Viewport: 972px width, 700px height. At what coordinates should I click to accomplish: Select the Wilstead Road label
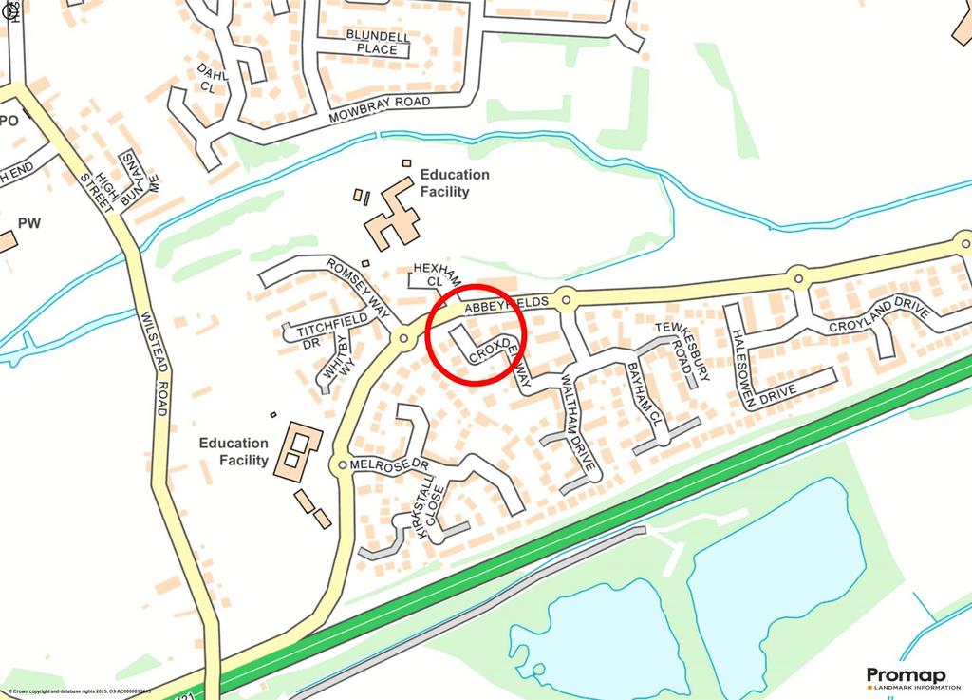click(153, 364)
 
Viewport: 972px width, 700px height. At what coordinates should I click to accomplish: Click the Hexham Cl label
click(436, 275)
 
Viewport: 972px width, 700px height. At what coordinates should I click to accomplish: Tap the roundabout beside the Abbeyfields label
click(565, 300)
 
